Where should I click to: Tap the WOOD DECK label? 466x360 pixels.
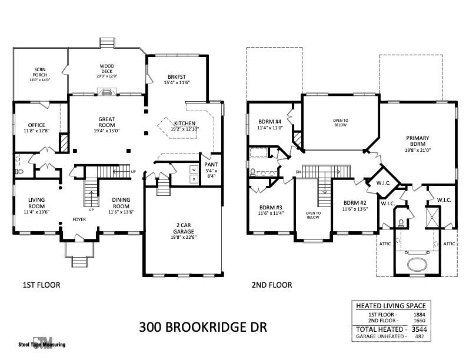tap(106, 69)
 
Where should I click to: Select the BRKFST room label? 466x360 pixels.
tap(177, 76)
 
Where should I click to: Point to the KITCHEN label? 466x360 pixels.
tap(185, 124)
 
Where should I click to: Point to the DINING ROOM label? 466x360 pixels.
tap(121, 203)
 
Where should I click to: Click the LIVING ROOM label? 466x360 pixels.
tap(36, 203)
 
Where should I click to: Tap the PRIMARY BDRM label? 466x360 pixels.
tap(418, 141)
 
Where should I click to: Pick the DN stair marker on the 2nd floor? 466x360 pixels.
tap(298, 172)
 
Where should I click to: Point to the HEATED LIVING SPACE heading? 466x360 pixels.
tap(391, 305)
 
